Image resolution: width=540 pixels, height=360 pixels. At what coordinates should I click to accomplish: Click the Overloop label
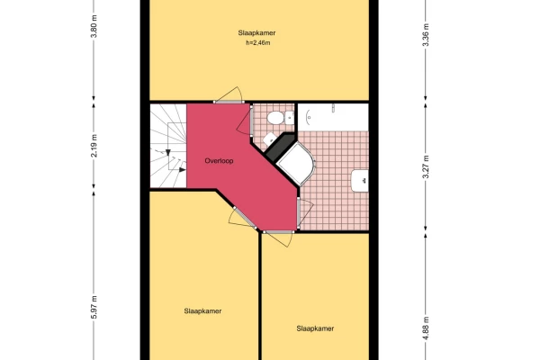(219, 161)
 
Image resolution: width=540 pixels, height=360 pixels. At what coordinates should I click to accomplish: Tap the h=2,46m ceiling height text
(258, 43)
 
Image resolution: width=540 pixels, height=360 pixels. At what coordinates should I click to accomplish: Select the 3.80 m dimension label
(94, 26)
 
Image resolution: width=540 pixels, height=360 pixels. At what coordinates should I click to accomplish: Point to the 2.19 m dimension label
(94, 146)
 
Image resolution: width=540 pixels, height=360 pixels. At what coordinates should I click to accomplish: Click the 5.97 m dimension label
(94, 307)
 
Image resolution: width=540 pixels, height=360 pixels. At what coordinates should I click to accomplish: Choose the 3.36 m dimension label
(426, 35)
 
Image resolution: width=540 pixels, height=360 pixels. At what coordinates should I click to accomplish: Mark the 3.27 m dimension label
(426, 167)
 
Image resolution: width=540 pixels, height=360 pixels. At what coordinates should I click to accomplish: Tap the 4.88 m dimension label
(426, 328)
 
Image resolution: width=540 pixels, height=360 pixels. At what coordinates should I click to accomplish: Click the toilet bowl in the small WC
(275, 118)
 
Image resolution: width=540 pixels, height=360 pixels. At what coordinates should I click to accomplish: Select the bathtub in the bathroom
(333, 117)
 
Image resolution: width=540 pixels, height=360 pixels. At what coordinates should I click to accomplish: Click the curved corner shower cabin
(296, 163)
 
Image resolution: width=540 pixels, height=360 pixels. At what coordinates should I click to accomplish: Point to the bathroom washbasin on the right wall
(360, 181)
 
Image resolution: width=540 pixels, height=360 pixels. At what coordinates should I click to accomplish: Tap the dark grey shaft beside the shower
(281, 147)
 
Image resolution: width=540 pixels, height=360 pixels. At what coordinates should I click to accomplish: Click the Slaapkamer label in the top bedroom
(256, 33)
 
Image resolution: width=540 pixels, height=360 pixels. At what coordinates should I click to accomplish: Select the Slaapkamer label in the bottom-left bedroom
(202, 311)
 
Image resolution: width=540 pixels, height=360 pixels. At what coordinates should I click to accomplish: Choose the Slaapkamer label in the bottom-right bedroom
(315, 328)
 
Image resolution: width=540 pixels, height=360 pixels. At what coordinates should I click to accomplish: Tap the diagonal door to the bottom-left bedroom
(243, 219)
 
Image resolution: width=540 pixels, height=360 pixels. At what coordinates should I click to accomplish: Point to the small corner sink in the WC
(269, 139)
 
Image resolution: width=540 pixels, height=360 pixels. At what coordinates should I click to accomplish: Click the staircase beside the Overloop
(168, 146)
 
